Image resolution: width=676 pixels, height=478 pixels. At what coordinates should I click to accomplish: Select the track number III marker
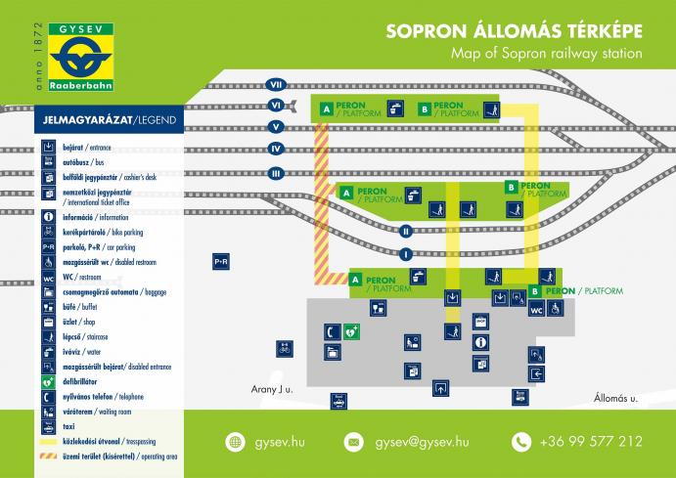tap(276, 173)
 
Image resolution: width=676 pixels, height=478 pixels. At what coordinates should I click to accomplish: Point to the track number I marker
tap(405, 254)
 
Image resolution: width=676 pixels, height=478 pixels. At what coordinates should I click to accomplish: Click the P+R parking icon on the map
tap(221, 262)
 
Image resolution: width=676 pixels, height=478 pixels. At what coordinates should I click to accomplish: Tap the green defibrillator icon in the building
tap(352, 331)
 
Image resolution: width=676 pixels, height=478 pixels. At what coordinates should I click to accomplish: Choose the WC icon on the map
tap(536, 310)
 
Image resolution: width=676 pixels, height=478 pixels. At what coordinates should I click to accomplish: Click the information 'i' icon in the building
tap(480, 342)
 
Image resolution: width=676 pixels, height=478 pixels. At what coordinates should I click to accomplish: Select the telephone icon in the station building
tap(333, 331)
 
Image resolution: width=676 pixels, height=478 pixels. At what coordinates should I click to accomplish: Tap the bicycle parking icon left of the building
tap(284, 347)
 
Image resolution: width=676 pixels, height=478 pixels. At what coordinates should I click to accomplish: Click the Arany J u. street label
tap(267, 389)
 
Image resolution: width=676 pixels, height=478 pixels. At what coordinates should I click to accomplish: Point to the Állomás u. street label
tap(615, 398)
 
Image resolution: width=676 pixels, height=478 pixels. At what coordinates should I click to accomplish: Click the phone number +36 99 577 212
tap(591, 442)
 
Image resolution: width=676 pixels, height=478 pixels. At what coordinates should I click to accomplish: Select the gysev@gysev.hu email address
tap(422, 442)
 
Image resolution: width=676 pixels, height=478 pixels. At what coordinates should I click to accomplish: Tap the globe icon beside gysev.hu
tap(234, 442)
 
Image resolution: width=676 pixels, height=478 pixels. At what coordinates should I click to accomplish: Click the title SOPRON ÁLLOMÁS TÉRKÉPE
tap(514, 30)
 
